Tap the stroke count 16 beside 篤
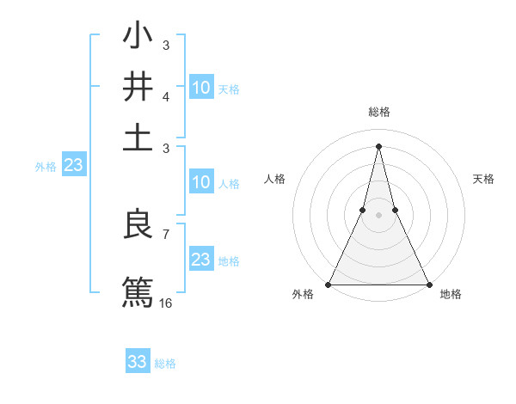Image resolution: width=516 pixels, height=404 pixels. coord(166,303)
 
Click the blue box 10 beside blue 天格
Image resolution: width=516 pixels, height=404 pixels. coord(200,87)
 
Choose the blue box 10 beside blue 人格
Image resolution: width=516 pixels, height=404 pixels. coord(200,182)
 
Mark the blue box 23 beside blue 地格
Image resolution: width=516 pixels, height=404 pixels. coord(200,260)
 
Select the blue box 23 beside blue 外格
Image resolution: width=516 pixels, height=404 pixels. coord(73,166)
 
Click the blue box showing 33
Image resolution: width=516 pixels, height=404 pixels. coord(138,362)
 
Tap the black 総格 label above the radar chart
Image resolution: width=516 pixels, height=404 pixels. coord(378,113)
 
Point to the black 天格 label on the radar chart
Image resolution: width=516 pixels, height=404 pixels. coord(484,179)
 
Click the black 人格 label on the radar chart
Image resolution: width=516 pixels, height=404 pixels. coord(274,179)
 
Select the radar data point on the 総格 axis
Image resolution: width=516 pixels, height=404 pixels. coord(378,144)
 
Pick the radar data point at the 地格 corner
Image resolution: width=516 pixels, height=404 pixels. coord(428,284)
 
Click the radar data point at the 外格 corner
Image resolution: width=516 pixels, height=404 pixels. coord(329,284)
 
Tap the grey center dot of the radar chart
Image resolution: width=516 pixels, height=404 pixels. coord(378,216)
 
